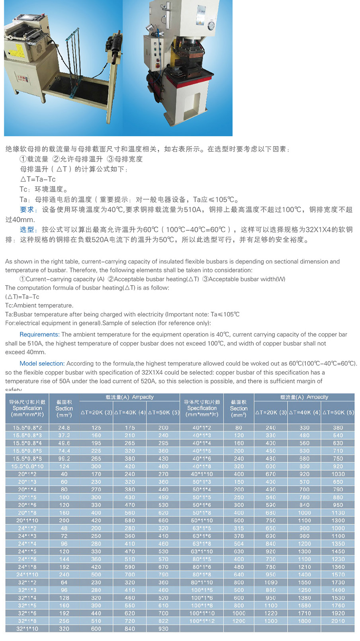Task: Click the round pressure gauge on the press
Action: click(211, 25)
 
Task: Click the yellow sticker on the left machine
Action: click(17, 50)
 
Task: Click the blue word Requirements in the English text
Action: click(39, 334)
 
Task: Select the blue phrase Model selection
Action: click(42, 363)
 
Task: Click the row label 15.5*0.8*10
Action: click(27, 466)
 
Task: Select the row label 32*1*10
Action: click(27, 629)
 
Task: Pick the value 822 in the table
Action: click(163, 621)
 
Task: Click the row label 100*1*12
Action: click(202, 621)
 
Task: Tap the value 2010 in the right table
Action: click(338, 621)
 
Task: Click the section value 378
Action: click(239, 536)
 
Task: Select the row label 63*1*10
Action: click(202, 551)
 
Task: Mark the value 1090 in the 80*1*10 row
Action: click(271, 582)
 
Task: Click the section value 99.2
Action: click(64, 459)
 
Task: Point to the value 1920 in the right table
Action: click(338, 613)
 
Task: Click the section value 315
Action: click(239, 528)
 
